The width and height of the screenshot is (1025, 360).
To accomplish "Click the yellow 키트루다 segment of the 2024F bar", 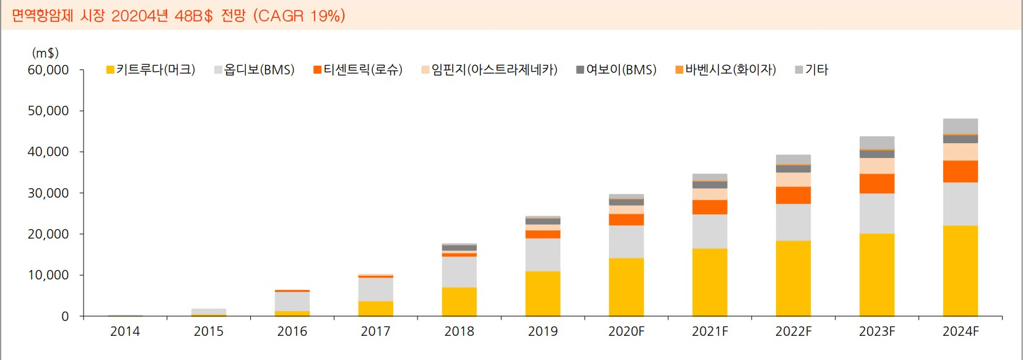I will (960, 271).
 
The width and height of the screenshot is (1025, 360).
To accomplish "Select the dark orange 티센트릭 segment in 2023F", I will (876, 183).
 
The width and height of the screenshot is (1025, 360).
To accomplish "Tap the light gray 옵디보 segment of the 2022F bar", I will (793, 222).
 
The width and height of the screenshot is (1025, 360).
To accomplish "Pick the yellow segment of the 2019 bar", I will (543, 294).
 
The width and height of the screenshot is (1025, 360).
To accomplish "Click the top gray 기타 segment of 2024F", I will (960, 126).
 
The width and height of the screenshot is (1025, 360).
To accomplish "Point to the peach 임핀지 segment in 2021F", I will (710, 194).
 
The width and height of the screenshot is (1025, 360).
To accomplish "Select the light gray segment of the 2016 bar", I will (292, 301).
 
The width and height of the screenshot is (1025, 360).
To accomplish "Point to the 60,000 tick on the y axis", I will (48, 70).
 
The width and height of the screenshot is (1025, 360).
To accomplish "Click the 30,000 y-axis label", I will (48, 193).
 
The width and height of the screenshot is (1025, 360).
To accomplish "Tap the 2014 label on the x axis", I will (125, 331).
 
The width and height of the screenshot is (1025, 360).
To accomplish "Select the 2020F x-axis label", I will (626, 331).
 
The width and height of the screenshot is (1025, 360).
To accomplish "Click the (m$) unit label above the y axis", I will (45, 53).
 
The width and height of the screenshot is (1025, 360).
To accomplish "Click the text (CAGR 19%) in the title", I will (299, 15).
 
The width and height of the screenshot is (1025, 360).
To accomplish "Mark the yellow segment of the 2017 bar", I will (375, 309).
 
